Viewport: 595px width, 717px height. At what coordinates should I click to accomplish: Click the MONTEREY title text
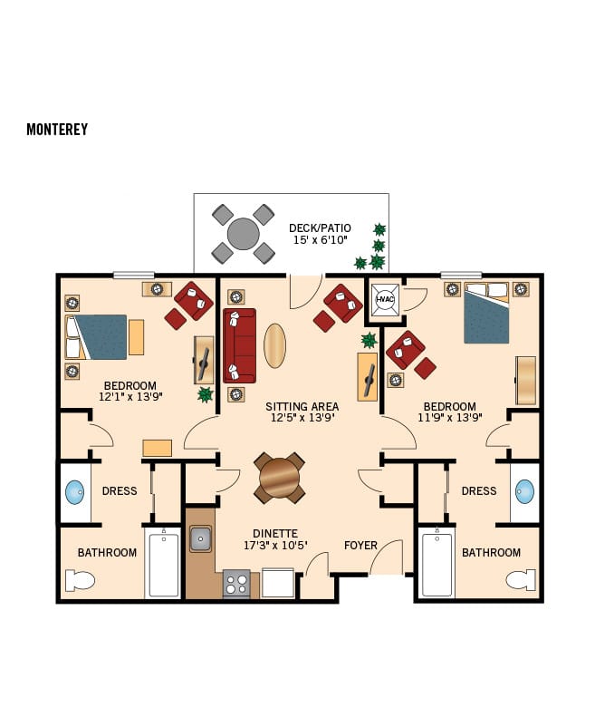[57, 130]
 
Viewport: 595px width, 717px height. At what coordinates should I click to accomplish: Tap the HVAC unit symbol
[382, 300]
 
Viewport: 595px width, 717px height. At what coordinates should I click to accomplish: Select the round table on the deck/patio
[243, 234]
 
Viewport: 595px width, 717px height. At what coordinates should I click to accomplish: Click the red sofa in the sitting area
[240, 345]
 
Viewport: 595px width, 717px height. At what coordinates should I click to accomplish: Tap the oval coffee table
[274, 345]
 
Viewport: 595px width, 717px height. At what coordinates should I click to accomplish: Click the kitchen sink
[200, 539]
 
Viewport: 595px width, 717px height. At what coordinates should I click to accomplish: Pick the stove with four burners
[236, 583]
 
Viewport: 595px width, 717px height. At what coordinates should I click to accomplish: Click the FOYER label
[360, 545]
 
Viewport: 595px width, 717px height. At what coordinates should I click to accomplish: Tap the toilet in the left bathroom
[81, 580]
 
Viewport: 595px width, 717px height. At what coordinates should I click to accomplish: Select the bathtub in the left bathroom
[164, 566]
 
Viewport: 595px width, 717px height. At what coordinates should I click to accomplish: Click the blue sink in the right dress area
[524, 492]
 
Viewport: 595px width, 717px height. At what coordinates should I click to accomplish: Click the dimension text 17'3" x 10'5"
[275, 546]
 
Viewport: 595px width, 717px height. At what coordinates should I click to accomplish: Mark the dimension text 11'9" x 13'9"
[449, 419]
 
